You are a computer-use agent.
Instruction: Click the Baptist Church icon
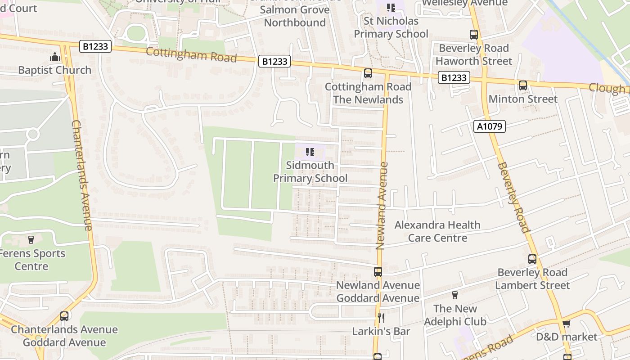(x=55, y=57)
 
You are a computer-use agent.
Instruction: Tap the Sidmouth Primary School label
(x=310, y=171)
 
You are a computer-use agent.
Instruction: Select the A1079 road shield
(x=490, y=126)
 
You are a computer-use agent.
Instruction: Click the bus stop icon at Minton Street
(x=522, y=85)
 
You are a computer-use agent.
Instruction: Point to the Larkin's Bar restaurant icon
(x=381, y=318)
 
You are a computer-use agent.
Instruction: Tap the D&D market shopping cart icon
(x=566, y=324)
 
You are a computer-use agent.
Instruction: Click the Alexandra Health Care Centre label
(x=437, y=231)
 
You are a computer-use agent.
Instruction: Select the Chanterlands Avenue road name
(x=81, y=175)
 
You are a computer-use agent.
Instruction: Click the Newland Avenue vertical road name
(x=381, y=206)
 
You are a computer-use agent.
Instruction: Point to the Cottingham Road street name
(x=191, y=55)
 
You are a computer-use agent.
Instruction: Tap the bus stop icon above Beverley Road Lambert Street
(x=532, y=259)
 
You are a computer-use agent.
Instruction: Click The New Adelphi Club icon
(x=454, y=295)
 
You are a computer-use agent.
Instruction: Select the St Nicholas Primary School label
(x=391, y=27)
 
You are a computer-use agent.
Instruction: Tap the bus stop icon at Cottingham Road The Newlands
(x=368, y=73)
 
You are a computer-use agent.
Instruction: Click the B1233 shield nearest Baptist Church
(x=96, y=46)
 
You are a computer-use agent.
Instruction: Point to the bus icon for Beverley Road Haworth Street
(x=473, y=34)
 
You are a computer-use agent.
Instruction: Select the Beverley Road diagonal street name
(x=513, y=197)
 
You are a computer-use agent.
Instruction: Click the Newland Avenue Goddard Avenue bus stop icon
(x=378, y=272)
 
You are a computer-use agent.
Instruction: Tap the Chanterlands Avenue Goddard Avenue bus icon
(x=64, y=316)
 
